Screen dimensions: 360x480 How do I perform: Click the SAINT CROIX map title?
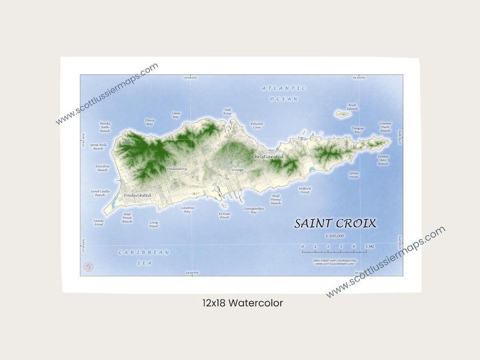tap(335, 223)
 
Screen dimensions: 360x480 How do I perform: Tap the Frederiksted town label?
tap(137, 196)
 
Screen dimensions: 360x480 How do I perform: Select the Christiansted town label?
tap(267, 156)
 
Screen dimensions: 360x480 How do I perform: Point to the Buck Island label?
tap(352, 107)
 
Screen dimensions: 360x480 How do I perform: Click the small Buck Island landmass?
tap(343, 113)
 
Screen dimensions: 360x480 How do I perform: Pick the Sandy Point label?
tap(99, 222)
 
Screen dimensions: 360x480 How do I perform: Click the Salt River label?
tap(227, 112)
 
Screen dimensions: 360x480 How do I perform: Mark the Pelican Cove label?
tap(256, 126)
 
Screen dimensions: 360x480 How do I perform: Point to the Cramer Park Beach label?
tap(385, 127)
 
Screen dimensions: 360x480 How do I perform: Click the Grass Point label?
tap(354, 175)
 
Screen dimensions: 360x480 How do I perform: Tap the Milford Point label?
tap(305, 190)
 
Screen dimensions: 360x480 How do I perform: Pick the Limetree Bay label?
tap(187, 210)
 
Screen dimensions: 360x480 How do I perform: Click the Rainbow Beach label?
tap(102, 168)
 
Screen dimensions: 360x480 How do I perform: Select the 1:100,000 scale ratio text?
tap(334, 236)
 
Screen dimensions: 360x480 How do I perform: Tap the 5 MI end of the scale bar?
tap(369, 247)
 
